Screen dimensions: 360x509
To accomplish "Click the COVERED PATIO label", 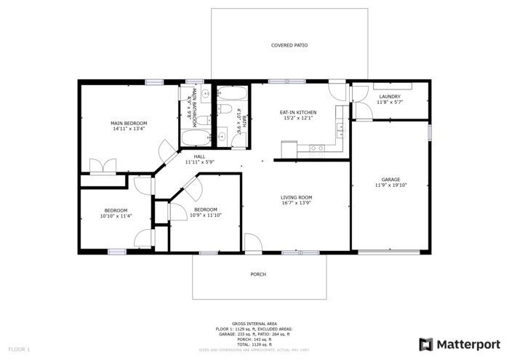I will pyautogui.click(x=289, y=45).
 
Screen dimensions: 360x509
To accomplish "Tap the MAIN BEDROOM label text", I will pyautogui.click(x=129, y=123).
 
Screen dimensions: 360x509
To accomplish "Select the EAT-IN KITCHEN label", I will pyautogui.click(x=298, y=112).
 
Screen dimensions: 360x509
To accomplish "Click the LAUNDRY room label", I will pyautogui.click(x=390, y=97).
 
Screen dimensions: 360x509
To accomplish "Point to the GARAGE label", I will pyautogui.click(x=390, y=179).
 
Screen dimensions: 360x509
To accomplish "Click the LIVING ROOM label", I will pyautogui.click(x=297, y=197).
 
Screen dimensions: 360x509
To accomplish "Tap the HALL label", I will pyautogui.click(x=199, y=156).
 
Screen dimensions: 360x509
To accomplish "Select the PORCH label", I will pyautogui.click(x=258, y=274).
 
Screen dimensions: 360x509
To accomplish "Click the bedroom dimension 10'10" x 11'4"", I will pyautogui.click(x=114, y=216).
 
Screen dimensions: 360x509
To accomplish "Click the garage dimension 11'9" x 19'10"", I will pyautogui.click(x=391, y=185).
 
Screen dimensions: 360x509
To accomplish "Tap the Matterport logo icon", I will pyautogui.click(x=426, y=344).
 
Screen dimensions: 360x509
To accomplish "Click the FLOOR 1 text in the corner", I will pyautogui.click(x=18, y=350).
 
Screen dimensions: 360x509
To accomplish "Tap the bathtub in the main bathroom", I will pyautogui.click(x=194, y=138).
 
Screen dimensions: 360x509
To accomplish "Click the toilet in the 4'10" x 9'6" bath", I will pyautogui.click(x=225, y=110).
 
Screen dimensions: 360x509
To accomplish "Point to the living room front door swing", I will pyautogui.click(x=252, y=243).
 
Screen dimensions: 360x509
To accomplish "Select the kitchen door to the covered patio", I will pyautogui.click(x=334, y=92).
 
